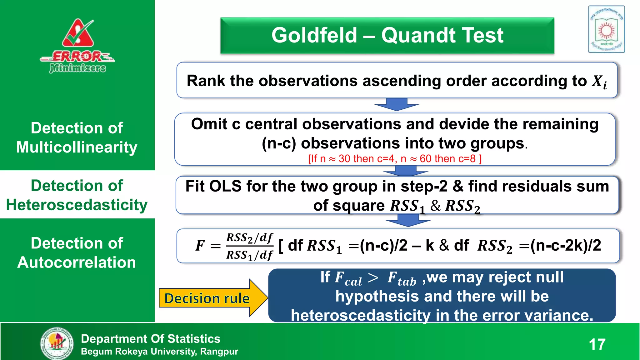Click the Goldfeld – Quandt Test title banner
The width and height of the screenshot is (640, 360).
coord(387,35)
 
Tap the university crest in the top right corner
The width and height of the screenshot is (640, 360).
coord(606,29)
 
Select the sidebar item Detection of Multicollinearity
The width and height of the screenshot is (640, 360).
coord(77,137)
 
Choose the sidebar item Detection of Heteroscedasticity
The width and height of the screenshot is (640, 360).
coord(77,195)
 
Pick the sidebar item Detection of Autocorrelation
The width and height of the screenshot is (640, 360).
coord(77,252)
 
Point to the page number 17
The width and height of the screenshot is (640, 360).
coord(597,344)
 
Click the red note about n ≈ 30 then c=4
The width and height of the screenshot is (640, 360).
coord(395,159)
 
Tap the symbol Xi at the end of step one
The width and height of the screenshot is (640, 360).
coord(599,82)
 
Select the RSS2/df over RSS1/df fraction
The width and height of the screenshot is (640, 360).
coord(249,246)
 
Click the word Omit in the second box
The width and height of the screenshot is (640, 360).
coord(209,124)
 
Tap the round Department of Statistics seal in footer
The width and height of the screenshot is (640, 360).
coord(57,343)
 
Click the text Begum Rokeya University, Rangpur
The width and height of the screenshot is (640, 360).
coord(159,352)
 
